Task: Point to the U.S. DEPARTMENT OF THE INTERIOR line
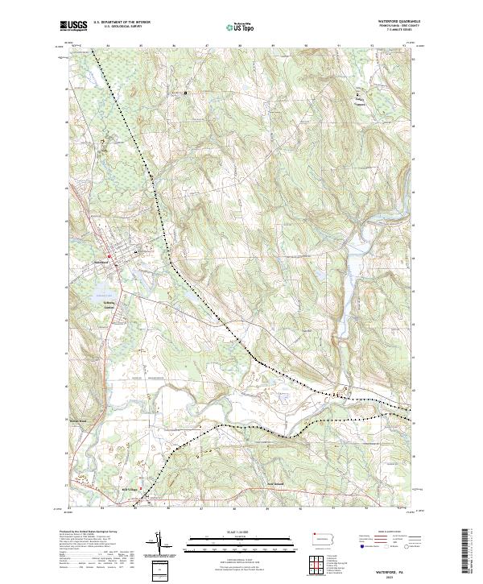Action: tap(122, 23)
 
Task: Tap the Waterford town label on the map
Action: tap(101, 264)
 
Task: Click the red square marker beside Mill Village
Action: tap(141, 488)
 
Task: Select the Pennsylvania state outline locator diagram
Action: tap(324, 536)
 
